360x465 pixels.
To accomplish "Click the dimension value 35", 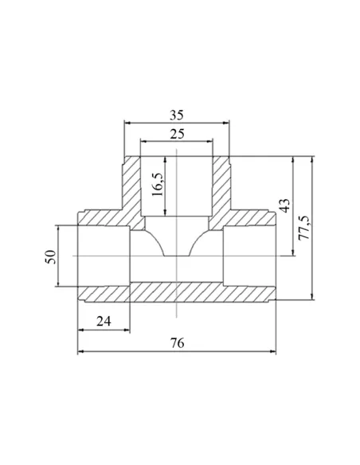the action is click(x=177, y=115).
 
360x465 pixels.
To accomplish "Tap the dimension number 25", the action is click(x=177, y=134).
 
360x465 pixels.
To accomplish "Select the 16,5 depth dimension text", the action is click(x=158, y=184).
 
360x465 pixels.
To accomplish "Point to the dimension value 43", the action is click(x=284, y=205).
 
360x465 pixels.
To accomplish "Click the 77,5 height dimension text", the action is click(x=304, y=228).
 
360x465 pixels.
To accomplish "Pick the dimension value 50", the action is click(x=50, y=257).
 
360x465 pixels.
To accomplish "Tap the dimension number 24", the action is click(x=104, y=321).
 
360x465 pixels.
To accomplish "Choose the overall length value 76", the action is click(x=177, y=343).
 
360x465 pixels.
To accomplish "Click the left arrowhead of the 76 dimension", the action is click(x=81, y=351).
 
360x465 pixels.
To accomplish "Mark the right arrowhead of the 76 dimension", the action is click(x=272, y=351).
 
